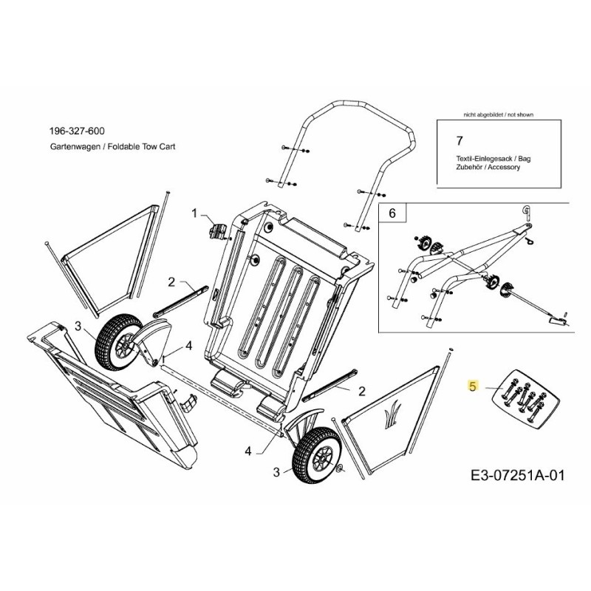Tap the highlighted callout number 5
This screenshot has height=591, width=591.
tap(473, 385)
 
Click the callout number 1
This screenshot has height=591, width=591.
tap(195, 213)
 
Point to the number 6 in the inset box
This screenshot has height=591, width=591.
tap(392, 213)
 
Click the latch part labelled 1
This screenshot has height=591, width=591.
tap(217, 230)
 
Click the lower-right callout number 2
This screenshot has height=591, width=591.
tap(362, 391)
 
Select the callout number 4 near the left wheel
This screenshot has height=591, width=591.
tap(188, 346)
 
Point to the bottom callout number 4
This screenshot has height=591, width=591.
tap(248, 449)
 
